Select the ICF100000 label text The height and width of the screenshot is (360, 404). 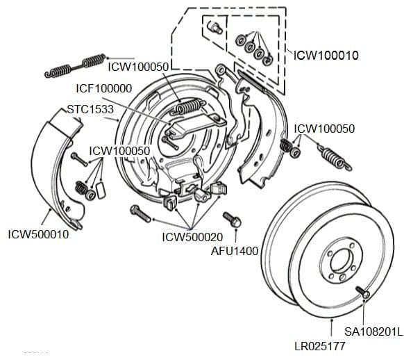pyautogui.click(x=105, y=89)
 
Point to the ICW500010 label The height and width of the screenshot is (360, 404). pyautogui.click(x=38, y=234)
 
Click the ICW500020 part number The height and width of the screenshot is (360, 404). pyautogui.click(x=192, y=237)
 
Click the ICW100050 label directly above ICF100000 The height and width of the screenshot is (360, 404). pyautogui.click(x=139, y=66)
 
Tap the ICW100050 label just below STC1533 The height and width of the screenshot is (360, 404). pyautogui.click(x=119, y=150)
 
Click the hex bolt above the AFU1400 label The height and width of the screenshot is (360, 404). pyautogui.click(x=231, y=220)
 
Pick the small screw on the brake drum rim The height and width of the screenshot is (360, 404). pyautogui.click(x=362, y=293)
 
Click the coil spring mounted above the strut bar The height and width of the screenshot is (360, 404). pyautogui.click(x=188, y=106)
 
